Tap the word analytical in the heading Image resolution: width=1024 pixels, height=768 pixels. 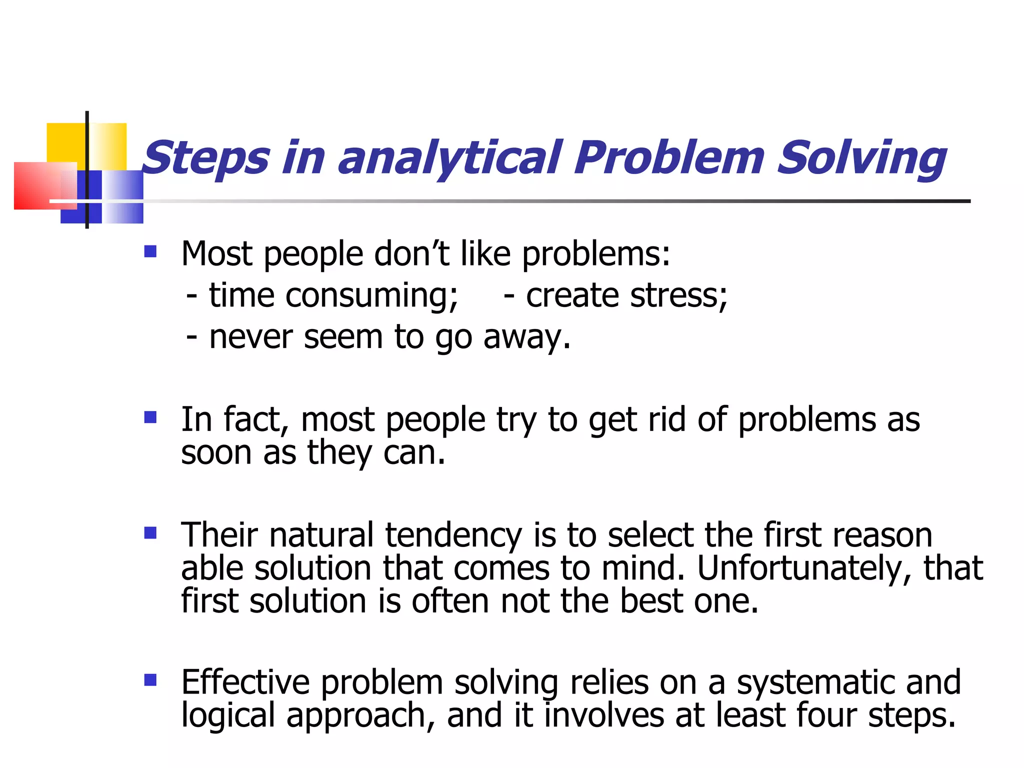coord(450,159)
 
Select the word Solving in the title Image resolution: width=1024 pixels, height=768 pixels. coord(861,159)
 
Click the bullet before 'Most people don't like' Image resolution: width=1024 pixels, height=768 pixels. coord(150,251)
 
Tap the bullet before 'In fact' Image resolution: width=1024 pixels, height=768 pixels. coord(150,416)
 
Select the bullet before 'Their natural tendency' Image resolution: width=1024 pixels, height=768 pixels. coord(150,532)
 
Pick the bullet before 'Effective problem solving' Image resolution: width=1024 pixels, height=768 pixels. coord(150,680)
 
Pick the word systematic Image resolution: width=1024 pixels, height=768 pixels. coord(815,683)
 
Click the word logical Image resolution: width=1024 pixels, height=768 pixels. coord(228,716)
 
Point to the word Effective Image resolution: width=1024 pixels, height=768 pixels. coord(245,682)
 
